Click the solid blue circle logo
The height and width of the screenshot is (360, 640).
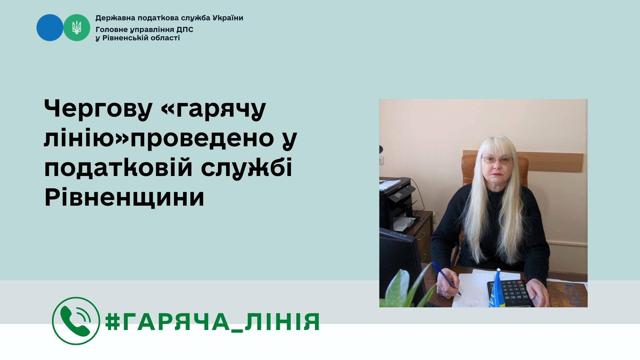coord(50,28)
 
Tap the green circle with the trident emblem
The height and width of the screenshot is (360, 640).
coord(77,28)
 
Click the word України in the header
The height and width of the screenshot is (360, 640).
coord(227,18)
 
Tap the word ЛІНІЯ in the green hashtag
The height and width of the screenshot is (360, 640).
coord(283,322)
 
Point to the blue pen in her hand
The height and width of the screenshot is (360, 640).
coord(447,279)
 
